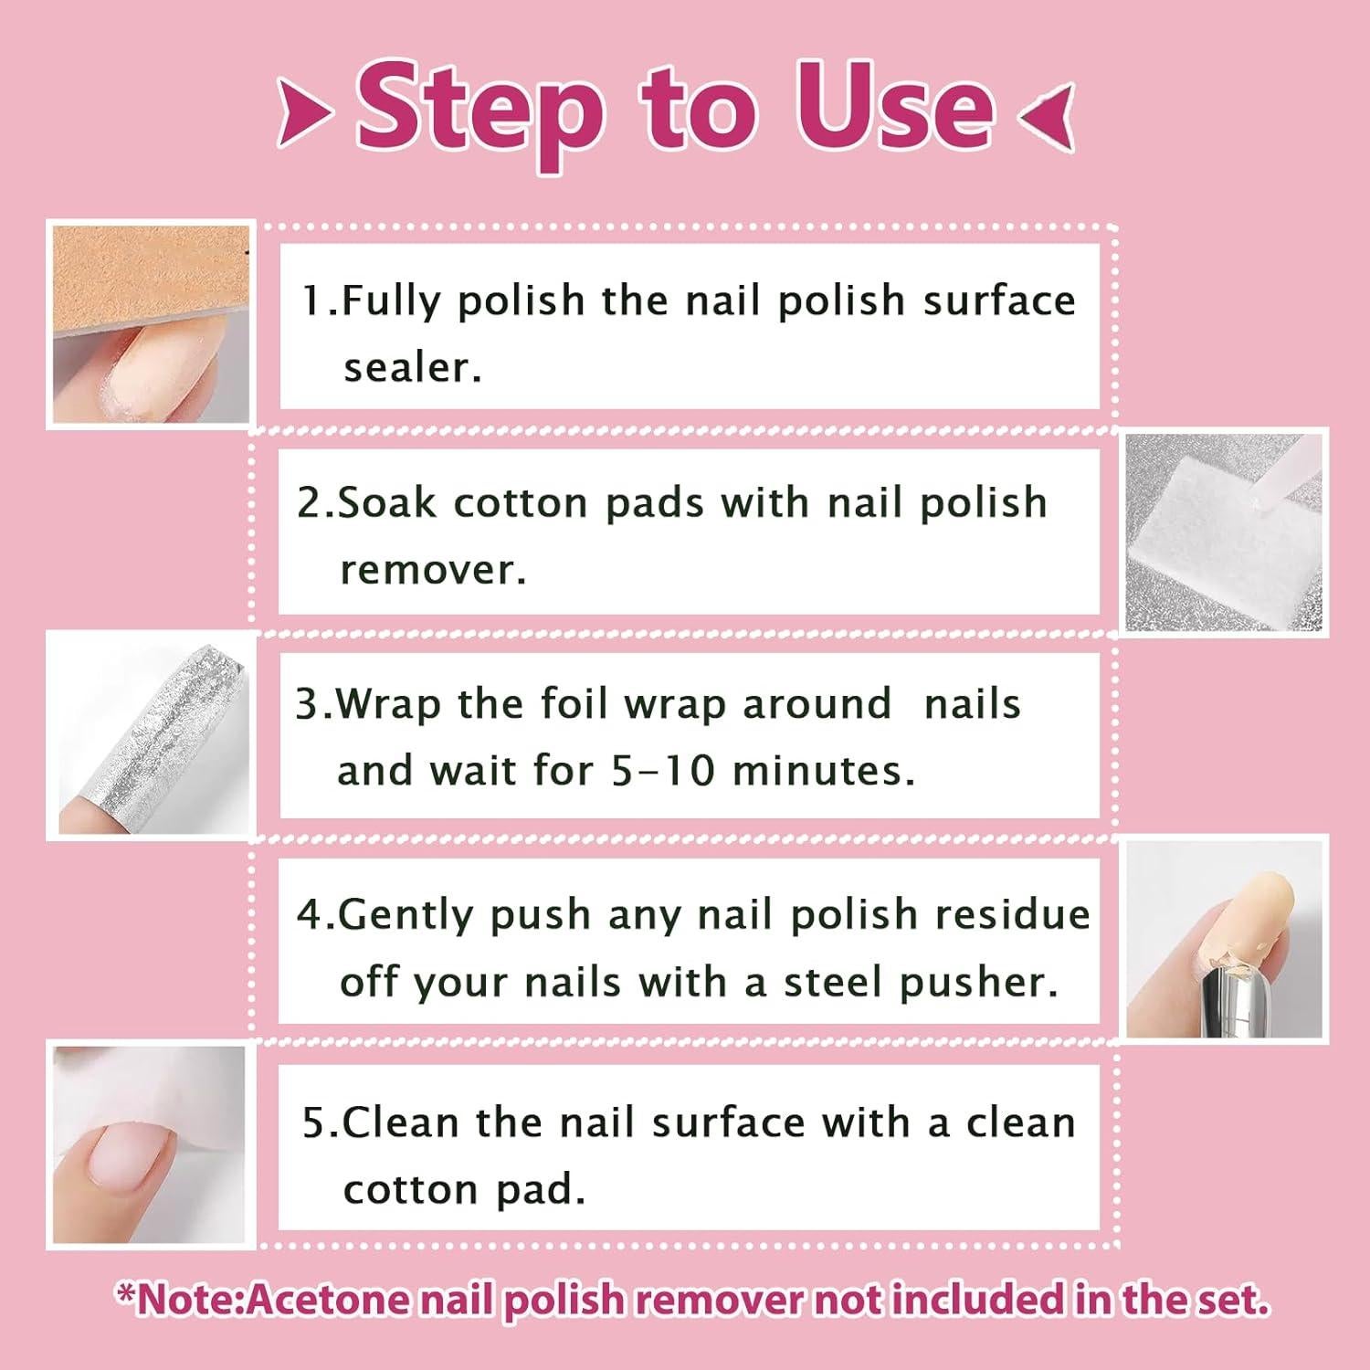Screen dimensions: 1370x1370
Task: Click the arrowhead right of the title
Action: click(x=1047, y=115)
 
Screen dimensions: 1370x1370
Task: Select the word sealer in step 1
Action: click(x=412, y=367)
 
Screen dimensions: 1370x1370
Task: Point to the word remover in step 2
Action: click(x=433, y=570)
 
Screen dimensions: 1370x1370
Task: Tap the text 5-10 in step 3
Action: click(x=662, y=771)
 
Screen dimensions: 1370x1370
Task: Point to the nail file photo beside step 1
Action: click(x=151, y=324)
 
